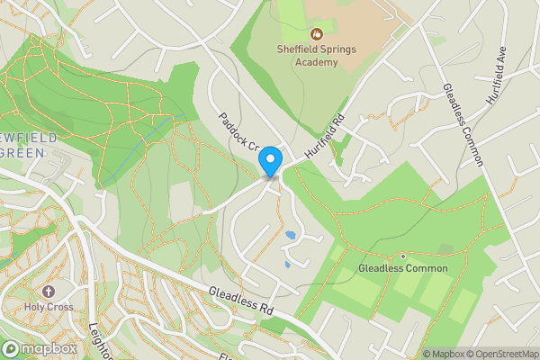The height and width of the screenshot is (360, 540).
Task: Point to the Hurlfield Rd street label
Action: point(326,138)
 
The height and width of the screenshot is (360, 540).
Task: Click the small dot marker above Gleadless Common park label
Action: point(403,256)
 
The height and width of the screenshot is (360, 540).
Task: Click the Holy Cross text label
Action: point(49,308)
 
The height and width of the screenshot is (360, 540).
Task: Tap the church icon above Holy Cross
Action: point(48,292)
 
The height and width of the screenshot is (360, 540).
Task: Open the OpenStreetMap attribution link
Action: point(499,354)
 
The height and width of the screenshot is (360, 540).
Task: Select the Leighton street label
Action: point(99,342)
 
